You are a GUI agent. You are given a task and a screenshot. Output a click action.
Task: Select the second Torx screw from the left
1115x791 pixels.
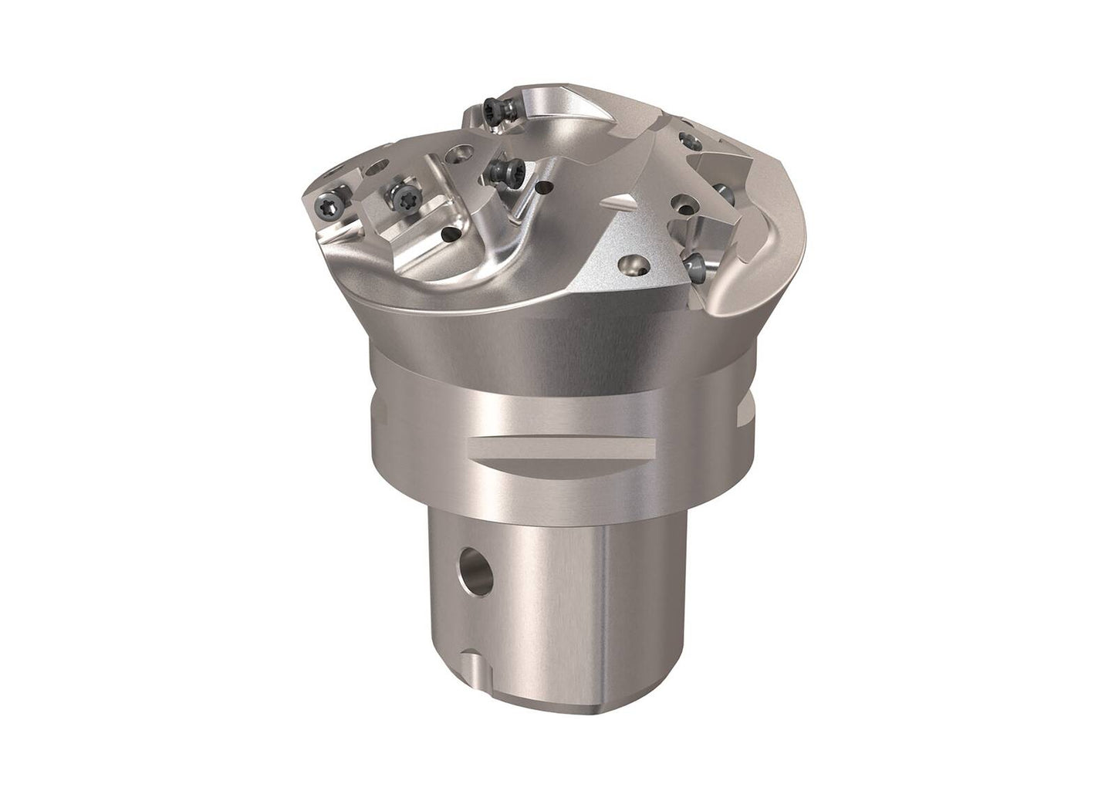400,198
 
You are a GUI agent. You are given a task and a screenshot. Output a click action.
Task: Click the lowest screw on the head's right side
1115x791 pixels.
696,265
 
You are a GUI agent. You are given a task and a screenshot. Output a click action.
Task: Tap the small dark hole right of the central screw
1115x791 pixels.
546,185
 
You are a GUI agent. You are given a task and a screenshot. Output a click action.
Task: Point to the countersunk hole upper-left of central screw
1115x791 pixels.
461,155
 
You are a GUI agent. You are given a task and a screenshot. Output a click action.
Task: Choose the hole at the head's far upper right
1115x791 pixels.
684,140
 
